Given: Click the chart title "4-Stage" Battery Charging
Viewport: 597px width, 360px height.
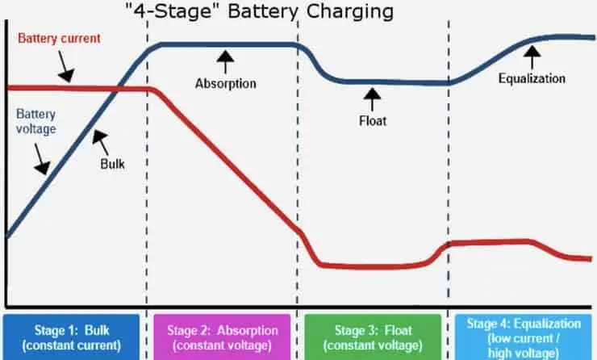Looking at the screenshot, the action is tap(259, 11).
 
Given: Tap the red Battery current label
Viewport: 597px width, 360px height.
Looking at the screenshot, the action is tap(59, 38).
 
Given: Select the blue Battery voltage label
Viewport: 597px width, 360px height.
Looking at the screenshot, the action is tap(35, 122).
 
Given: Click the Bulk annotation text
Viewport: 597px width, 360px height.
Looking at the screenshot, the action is tap(112, 164).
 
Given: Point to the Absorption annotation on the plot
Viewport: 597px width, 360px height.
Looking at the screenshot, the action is tap(225, 83).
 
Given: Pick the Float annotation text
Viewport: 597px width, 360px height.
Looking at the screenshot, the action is tap(373, 121).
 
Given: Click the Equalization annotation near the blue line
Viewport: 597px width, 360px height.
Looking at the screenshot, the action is tap(532, 78).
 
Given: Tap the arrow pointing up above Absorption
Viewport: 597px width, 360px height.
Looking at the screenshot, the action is tap(225, 61).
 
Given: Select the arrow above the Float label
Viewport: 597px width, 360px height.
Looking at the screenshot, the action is tap(372, 99).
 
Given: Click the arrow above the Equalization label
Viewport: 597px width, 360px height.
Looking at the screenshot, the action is tap(532, 57).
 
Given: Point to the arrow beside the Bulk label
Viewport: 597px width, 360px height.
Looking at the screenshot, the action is tap(101, 143).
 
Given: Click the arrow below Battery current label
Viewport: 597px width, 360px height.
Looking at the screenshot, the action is tap(65, 67).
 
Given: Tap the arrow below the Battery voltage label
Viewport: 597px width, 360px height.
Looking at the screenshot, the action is tap(41, 159).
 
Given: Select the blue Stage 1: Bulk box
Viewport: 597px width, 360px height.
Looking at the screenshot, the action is tap(72, 337).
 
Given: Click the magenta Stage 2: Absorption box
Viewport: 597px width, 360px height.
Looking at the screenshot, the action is tap(222, 337).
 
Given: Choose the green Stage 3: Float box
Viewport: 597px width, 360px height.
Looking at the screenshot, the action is tap(373, 337).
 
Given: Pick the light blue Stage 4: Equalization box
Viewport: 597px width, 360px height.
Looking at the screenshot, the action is tap(524, 337).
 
